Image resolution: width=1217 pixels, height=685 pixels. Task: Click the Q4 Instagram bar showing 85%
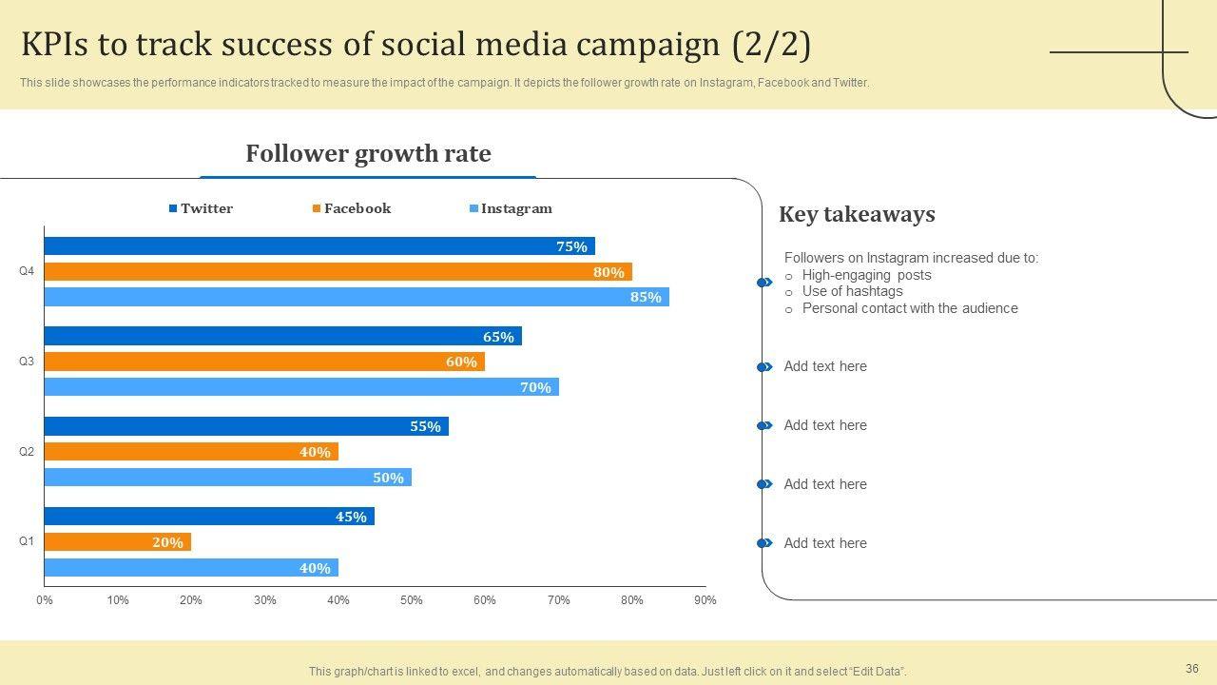357,297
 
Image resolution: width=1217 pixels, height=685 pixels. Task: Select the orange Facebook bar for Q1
118,542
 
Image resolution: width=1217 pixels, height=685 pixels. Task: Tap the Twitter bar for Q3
282,336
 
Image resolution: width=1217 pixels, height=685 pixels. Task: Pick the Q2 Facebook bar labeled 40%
191,452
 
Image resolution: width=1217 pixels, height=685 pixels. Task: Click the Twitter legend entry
201,208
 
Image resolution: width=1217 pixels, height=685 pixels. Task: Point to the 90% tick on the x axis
705,600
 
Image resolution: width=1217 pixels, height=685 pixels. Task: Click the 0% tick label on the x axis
45,600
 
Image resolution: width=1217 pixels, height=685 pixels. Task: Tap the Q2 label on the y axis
27,452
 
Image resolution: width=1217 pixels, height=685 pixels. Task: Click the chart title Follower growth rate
368,154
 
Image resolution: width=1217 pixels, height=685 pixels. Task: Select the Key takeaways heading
857,214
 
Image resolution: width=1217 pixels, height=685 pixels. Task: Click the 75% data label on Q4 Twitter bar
571,246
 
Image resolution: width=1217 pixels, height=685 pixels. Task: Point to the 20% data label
167,542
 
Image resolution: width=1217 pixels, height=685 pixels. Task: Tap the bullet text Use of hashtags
852,291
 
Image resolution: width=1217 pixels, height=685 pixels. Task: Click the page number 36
1192,669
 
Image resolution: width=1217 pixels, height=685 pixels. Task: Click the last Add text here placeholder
825,543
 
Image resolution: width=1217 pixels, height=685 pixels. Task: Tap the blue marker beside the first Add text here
764,367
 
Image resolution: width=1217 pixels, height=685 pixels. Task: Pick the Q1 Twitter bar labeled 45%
209,517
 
